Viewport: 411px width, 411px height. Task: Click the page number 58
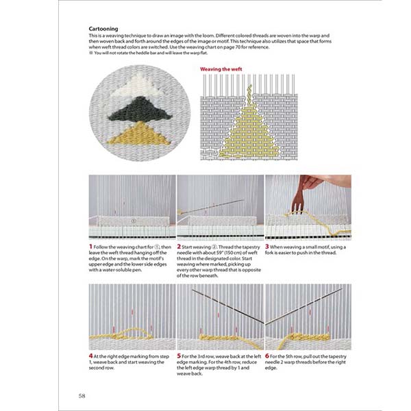point(82,394)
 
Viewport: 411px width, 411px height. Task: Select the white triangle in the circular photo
point(137,88)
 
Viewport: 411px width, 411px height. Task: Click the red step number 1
point(91,247)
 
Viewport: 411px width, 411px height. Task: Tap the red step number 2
point(179,247)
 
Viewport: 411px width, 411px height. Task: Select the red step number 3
point(268,247)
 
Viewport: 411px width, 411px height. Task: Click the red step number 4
point(91,356)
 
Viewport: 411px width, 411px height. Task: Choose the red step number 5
point(179,356)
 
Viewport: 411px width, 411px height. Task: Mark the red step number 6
point(268,356)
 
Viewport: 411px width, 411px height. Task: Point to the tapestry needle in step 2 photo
point(212,206)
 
